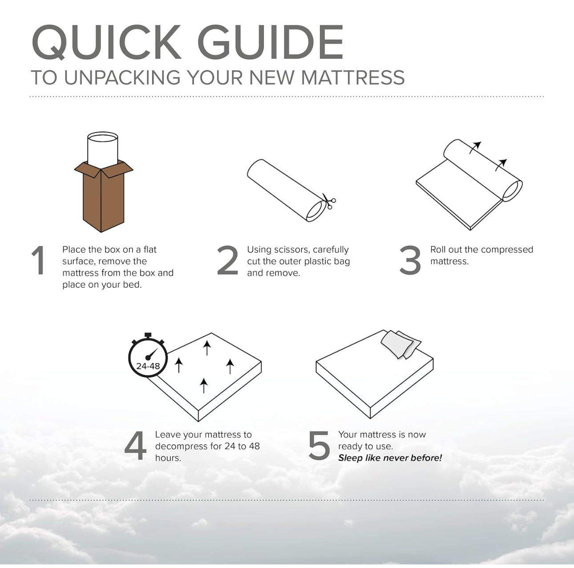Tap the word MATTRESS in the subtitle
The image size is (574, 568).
(353, 77)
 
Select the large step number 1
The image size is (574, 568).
(39, 260)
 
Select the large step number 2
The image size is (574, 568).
(227, 260)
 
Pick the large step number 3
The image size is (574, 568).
(410, 260)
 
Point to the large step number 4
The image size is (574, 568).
(136, 445)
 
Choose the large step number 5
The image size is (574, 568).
(319, 446)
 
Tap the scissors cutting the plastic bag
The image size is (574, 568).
(329, 202)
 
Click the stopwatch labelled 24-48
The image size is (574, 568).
(148, 356)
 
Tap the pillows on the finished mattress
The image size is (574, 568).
(400, 344)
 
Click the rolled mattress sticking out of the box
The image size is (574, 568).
(102, 150)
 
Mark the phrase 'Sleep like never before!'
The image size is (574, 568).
(390, 458)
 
